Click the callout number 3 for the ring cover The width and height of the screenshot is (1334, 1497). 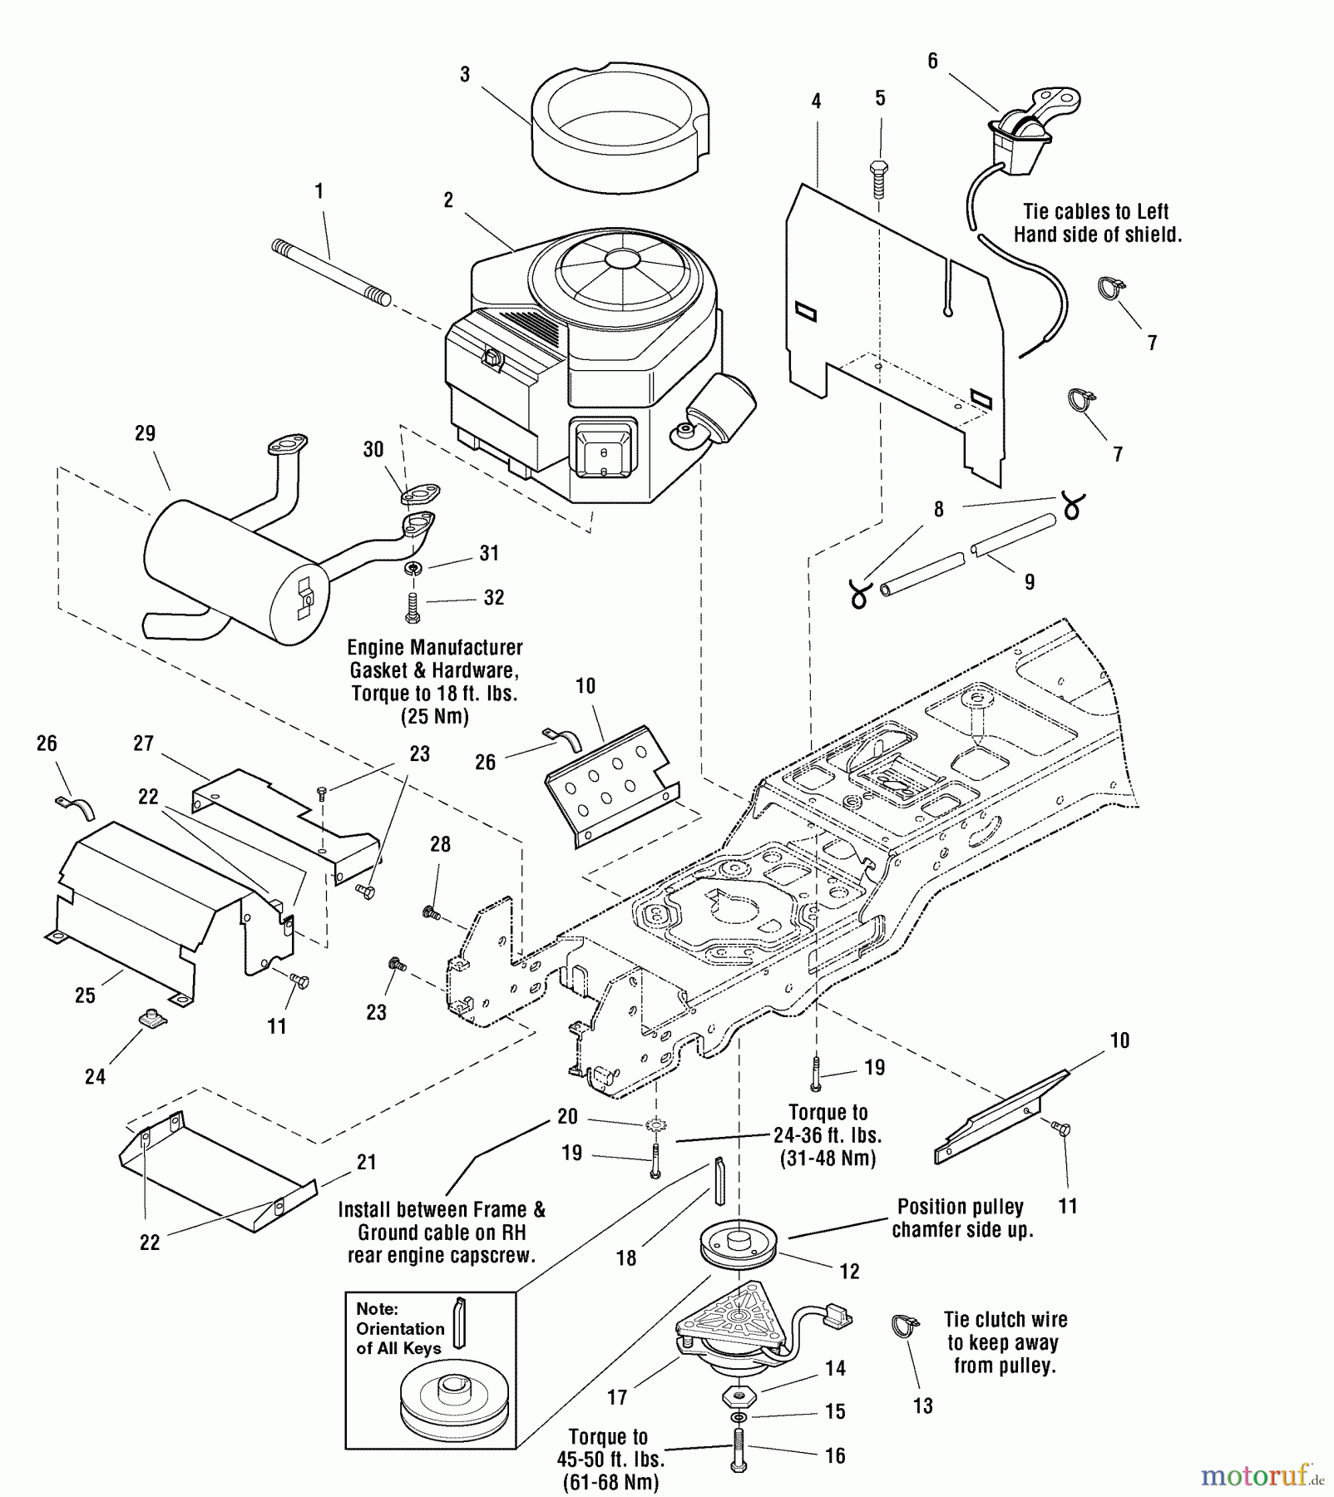(x=465, y=75)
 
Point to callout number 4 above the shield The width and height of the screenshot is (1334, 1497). (x=816, y=101)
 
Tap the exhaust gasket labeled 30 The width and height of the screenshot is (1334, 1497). (x=420, y=495)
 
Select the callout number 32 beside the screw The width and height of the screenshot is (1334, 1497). (x=494, y=598)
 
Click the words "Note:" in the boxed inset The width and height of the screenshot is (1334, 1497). (x=377, y=1309)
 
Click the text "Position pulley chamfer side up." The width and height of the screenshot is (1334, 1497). (x=961, y=1218)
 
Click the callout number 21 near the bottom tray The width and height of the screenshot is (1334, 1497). (x=367, y=1163)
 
